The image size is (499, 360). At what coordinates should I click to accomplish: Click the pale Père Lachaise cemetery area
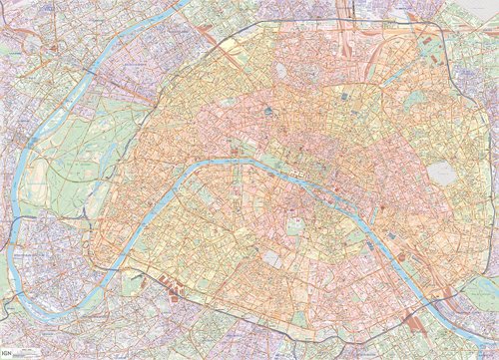[440, 176]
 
